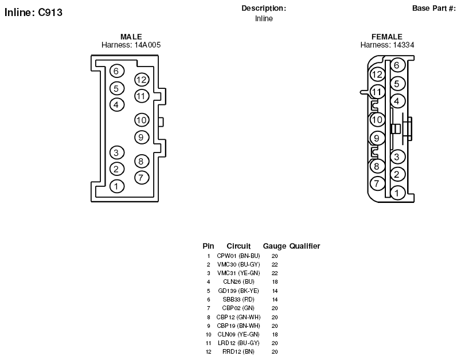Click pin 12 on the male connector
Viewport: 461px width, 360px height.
(142, 80)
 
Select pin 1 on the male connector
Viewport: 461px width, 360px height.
(117, 186)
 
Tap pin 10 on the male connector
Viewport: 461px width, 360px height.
(142, 120)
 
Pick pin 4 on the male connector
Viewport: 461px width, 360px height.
(117, 105)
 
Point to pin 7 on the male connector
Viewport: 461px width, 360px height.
(142, 178)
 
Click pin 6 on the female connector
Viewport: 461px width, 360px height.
(397, 65)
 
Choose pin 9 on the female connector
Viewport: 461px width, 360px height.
(377, 138)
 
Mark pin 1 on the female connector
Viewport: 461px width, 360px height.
(397, 193)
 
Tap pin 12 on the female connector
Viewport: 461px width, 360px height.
(377, 75)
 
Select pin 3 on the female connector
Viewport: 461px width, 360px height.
(397, 156)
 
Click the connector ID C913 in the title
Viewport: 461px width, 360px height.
(50, 13)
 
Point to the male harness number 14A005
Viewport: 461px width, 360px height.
(147, 45)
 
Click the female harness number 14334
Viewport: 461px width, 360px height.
(404, 45)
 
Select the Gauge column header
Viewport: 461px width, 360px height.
(274, 246)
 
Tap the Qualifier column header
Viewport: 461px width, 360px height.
(304, 246)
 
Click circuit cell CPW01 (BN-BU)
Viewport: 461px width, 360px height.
(239, 256)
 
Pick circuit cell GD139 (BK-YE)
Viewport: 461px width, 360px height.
(239, 291)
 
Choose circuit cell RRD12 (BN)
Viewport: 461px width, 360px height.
(239, 352)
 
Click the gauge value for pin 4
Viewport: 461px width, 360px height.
(275, 282)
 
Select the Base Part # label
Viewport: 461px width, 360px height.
(434, 8)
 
